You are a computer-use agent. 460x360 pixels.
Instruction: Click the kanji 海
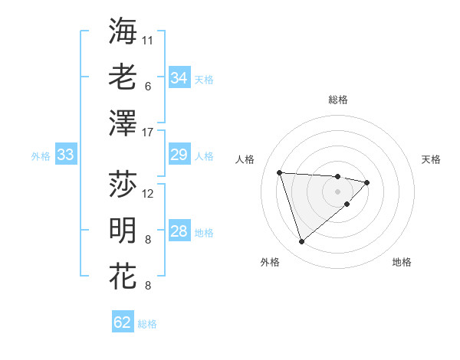123,31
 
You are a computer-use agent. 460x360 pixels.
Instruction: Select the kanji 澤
123,123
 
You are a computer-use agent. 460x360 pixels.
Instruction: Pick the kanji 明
123,229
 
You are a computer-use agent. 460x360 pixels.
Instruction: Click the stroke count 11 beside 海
148,40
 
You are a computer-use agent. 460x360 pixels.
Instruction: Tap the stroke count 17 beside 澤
148,132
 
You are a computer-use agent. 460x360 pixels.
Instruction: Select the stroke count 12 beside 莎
148,193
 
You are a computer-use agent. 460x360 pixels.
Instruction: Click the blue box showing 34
179,78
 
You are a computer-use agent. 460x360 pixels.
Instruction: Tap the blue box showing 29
179,155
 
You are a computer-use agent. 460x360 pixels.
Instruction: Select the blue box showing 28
179,232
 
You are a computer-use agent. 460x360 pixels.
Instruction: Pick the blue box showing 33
66,155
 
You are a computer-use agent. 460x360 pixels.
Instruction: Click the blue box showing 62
123,322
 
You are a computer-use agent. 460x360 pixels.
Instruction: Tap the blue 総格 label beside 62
147,324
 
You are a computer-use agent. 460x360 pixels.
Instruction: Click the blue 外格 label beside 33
41,156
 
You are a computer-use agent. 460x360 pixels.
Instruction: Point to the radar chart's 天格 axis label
432,159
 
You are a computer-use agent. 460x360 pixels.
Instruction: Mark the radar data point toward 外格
302,242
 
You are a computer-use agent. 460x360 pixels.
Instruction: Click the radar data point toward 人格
280,172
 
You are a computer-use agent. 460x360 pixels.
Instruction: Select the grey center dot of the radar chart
337,191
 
